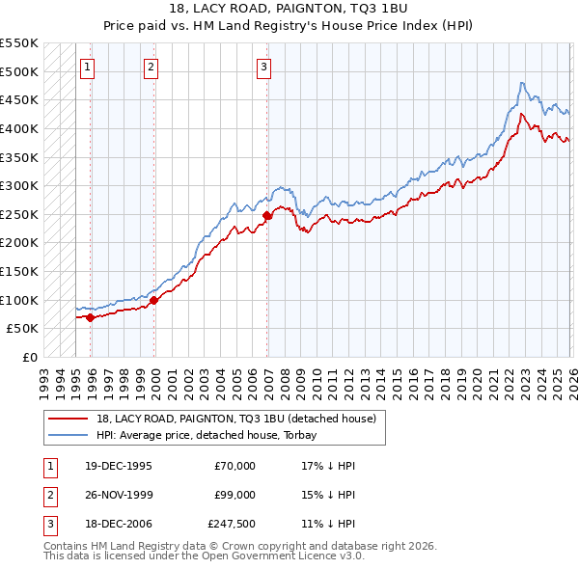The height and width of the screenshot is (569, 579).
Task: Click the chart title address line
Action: click(x=289, y=10)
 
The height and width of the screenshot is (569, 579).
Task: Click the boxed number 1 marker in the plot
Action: click(x=88, y=68)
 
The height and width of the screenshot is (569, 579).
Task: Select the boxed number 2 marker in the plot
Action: click(x=152, y=68)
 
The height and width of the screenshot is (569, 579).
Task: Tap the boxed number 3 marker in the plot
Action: click(x=263, y=68)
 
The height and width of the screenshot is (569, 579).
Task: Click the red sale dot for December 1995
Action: click(x=91, y=317)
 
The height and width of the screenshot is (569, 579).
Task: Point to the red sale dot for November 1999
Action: click(x=154, y=300)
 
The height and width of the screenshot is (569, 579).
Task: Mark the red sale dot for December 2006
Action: click(x=267, y=216)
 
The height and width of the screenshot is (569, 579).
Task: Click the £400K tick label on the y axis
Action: click(x=19, y=128)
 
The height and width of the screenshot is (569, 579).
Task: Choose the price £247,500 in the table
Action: click(x=231, y=526)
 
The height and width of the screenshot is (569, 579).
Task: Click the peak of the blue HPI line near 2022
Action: click(x=521, y=83)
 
